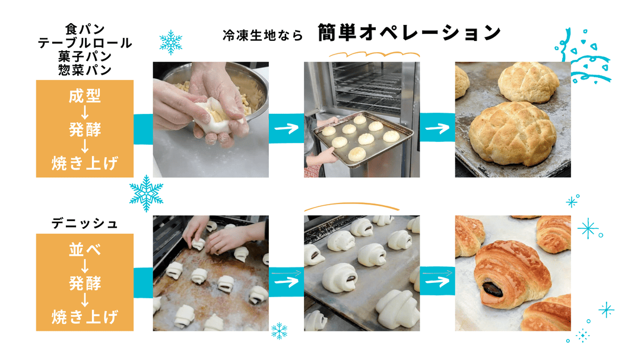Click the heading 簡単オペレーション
(x=410, y=33)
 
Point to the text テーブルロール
(x=85, y=43)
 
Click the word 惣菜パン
(x=85, y=69)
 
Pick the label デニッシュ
(x=85, y=224)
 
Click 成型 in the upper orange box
(x=85, y=96)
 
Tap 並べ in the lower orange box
(x=85, y=249)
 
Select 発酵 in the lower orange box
(x=85, y=282)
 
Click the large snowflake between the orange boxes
(x=146, y=193)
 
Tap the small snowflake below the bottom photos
(x=279, y=331)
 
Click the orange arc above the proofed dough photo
(x=351, y=205)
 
